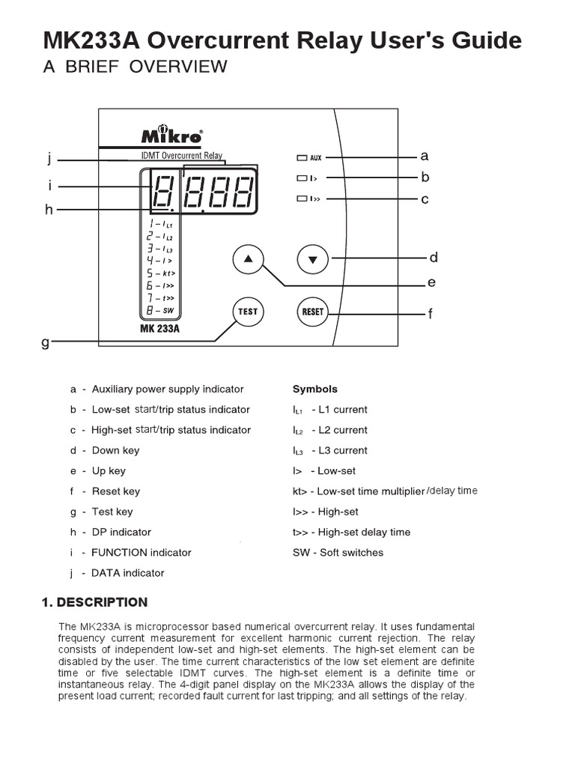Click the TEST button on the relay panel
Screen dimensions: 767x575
pyautogui.click(x=248, y=312)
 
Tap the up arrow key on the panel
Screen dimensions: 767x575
pyautogui.click(x=249, y=260)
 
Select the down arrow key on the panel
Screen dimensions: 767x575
pyautogui.click(x=313, y=260)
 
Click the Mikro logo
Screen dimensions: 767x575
pyautogui.click(x=171, y=136)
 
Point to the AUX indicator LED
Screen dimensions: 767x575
pyautogui.click(x=302, y=158)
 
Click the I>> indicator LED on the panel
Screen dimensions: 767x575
pyautogui.click(x=302, y=199)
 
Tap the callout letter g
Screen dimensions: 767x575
pyautogui.click(x=46, y=342)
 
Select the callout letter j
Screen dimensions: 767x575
pyautogui.click(x=49, y=159)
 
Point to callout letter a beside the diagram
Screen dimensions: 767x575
pyautogui.click(x=425, y=157)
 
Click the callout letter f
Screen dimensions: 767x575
pyautogui.click(x=431, y=315)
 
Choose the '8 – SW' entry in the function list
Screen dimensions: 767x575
pyautogui.click(x=160, y=310)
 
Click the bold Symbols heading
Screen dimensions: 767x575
pyautogui.click(x=314, y=389)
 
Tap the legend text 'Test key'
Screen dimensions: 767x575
pyautogui.click(x=112, y=512)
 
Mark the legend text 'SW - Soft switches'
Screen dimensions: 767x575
pyautogui.click(x=338, y=553)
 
